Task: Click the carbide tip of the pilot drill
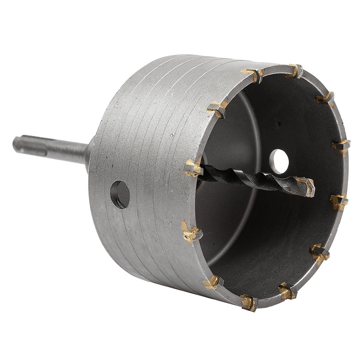tap(308, 186)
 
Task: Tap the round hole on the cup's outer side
tap(120, 194)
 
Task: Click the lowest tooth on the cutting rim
tap(249, 303)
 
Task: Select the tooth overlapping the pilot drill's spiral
tap(193, 168)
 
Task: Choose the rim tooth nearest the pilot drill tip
tap(338, 200)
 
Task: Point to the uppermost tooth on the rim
tap(295, 70)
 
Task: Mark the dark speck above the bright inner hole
tap(277, 123)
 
